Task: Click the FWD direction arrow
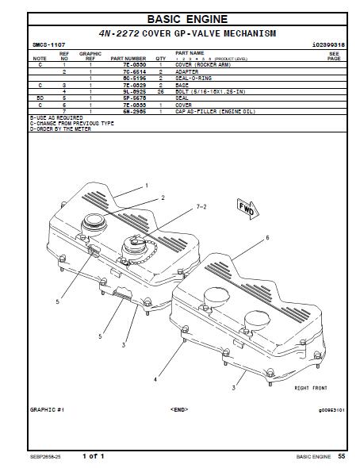click(246, 209)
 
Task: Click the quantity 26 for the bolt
click(160, 91)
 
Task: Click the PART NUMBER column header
click(128, 58)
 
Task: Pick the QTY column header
click(160, 58)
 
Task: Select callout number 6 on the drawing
click(267, 237)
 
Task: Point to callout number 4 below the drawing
click(155, 379)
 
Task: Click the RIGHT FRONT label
click(311, 388)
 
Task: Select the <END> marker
click(179, 409)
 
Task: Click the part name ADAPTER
click(188, 71)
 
